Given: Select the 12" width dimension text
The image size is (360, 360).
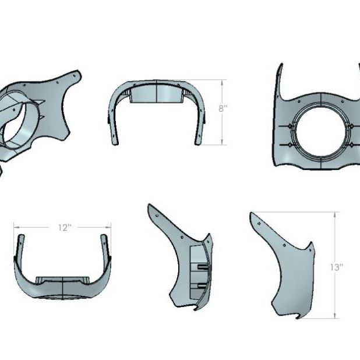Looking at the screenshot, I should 64,228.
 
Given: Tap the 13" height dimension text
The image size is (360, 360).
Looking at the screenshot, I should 336,267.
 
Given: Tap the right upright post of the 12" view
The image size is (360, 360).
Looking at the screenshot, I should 105,245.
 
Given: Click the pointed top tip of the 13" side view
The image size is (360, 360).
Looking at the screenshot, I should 252,214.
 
